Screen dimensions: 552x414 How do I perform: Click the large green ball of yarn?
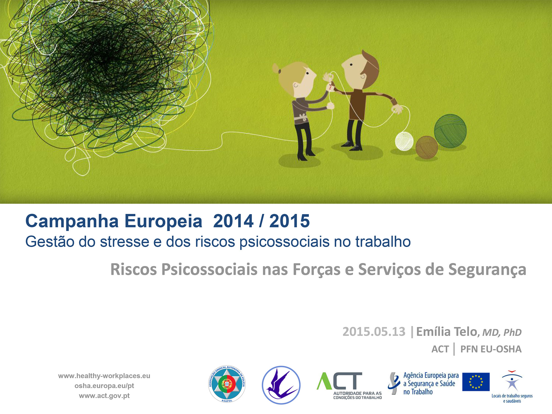pos(450,131)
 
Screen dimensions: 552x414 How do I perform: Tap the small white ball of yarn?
pos(404,141)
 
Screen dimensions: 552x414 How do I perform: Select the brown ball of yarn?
pos(427,147)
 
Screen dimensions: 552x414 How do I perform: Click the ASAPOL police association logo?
pos(227,384)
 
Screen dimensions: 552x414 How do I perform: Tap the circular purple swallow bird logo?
pos(281,385)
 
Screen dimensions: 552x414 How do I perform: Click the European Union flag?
pos(476,382)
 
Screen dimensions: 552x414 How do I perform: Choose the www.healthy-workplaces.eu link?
pos(104,376)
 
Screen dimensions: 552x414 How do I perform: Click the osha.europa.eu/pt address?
pos(104,386)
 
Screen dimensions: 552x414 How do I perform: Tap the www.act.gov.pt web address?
pos(104,396)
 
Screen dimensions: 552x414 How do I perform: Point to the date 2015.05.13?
pos(374,331)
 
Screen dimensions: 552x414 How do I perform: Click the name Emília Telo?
pos(447,331)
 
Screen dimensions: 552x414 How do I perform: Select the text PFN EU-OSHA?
pos(491,349)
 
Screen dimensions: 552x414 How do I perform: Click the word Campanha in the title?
pos(72,221)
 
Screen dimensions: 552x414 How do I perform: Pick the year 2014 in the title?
pos(233,221)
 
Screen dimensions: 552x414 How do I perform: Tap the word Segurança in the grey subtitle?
pos(487,270)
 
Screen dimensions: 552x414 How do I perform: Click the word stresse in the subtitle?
pos(124,242)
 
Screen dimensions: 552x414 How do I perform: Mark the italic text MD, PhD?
pos(502,333)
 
